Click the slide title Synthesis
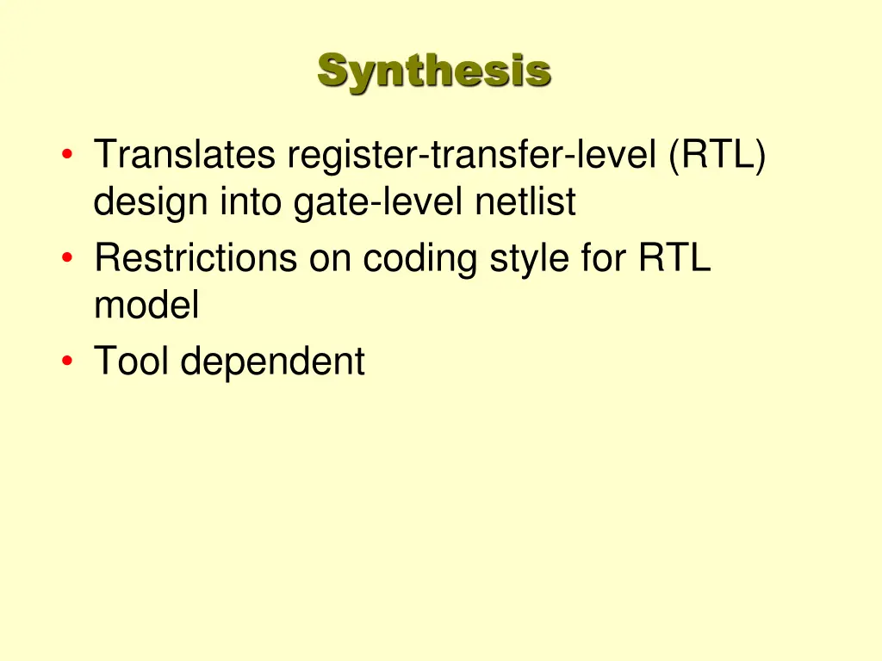(433, 71)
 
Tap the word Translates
(184, 156)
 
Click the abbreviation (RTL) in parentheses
(716, 156)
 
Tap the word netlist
(525, 203)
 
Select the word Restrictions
(196, 257)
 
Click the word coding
(419, 257)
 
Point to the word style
(527, 257)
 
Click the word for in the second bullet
(603, 257)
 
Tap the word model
(146, 305)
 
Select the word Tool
(133, 360)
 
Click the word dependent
(273, 360)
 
